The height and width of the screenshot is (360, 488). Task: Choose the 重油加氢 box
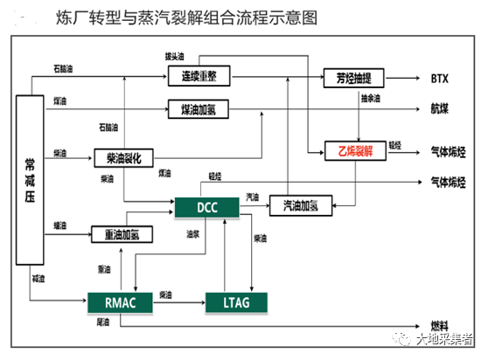click(128, 234)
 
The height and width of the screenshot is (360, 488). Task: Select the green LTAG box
click(235, 301)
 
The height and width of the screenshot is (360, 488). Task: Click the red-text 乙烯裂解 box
click(350, 149)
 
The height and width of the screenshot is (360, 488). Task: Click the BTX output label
click(439, 78)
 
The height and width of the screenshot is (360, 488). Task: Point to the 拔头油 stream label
click(175, 57)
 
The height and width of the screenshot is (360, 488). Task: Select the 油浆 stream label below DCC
click(192, 234)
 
